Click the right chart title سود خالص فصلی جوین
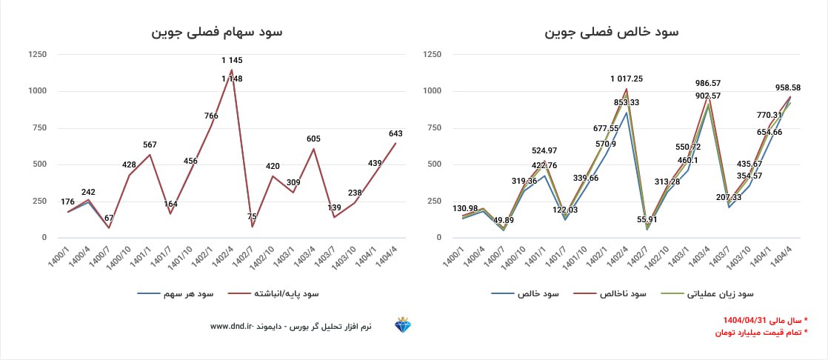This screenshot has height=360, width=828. pos(611,32)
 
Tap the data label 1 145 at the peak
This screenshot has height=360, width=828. pos(232,60)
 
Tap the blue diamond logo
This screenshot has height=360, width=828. pos(404,326)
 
